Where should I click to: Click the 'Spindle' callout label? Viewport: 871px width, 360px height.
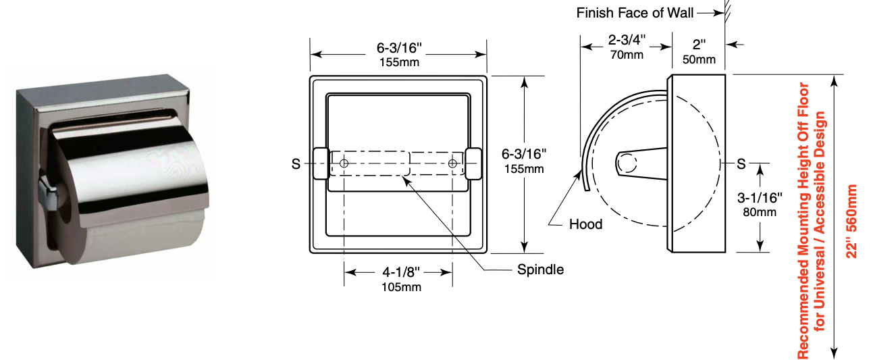coord(540,269)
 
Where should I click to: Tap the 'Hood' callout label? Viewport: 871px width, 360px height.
coord(585,224)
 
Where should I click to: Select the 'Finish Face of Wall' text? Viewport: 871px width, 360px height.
coord(635,13)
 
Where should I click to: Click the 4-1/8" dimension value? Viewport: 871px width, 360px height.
coord(401,272)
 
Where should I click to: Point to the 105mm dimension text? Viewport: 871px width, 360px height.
coord(401,287)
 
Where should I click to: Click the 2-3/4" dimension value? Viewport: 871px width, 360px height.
coord(627,39)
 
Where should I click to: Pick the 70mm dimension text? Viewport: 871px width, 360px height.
coord(627,55)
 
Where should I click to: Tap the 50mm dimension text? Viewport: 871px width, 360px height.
coord(699,59)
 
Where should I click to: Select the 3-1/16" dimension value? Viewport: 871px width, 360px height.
coord(760,198)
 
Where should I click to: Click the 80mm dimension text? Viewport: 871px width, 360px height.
coord(760,212)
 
